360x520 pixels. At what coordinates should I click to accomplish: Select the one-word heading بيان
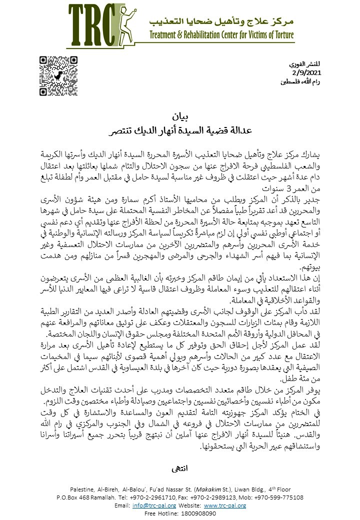[179, 118]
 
